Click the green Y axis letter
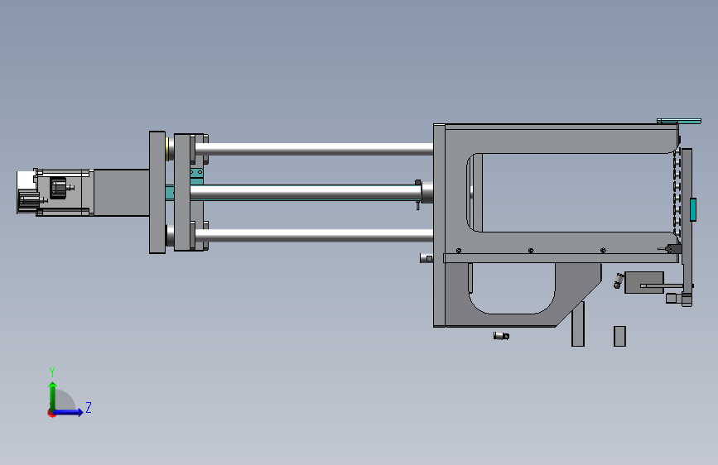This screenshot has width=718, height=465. click(52, 372)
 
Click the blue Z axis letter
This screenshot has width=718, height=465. click(89, 407)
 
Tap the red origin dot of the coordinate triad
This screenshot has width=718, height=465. click(51, 413)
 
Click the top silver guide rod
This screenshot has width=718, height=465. click(314, 149)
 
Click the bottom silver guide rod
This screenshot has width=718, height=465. click(314, 236)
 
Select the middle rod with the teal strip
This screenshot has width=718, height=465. click(306, 193)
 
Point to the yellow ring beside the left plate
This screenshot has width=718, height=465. click(167, 149)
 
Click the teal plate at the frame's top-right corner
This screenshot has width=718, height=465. click(679, 122)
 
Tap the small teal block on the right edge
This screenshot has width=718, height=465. click(693, 209)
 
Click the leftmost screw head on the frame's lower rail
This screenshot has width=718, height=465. click(459, 251)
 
